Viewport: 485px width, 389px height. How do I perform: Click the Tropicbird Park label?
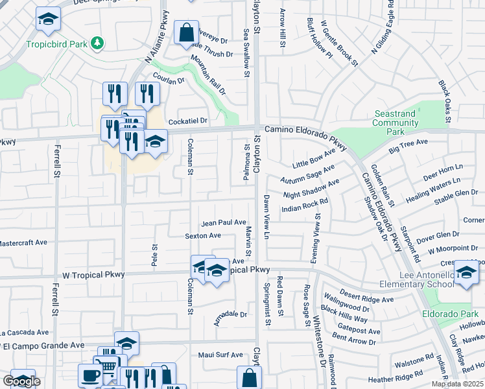(x=57, y=45)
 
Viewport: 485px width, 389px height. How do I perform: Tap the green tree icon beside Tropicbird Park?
(x=97, y=43)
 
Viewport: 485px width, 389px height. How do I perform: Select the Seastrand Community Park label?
(x=395, y=123)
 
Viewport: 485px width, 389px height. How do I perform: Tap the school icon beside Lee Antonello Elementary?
(x=466, y=272)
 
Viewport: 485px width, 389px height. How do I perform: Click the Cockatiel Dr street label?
(x=187, y=121)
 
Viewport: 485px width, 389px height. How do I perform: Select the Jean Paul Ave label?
(x=224, y=222)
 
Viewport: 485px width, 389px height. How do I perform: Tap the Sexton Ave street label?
(x=203, y=236)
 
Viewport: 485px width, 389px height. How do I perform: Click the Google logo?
(x=21, y=381)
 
